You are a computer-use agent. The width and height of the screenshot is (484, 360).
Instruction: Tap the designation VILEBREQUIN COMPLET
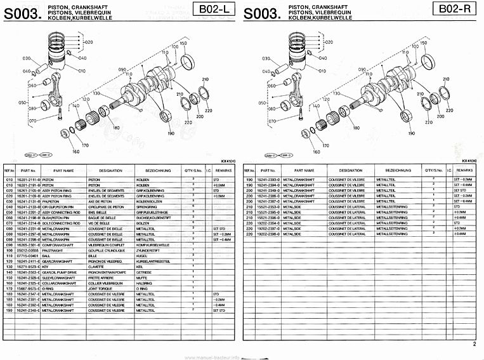pos(105,245)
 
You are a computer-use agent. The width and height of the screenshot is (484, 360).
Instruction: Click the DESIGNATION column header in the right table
pos(351,171)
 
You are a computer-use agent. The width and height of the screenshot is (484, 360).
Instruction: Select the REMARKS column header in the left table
pos(223,171)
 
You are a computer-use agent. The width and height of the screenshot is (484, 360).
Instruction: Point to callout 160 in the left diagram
pos(75,152)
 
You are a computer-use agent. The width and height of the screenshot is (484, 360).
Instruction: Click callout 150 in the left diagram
pos(184,43)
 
